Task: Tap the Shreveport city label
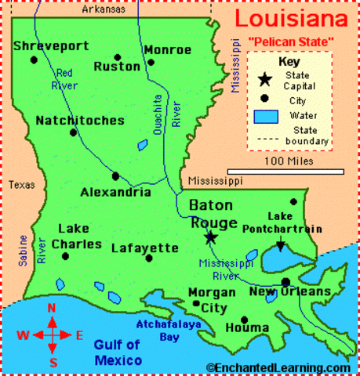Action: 49,46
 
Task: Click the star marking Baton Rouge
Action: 210,237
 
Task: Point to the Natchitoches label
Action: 80,121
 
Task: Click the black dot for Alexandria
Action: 115,176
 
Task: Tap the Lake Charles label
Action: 77,236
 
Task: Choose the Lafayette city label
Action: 145,248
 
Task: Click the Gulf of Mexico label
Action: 118,352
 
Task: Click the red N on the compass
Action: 53,307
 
